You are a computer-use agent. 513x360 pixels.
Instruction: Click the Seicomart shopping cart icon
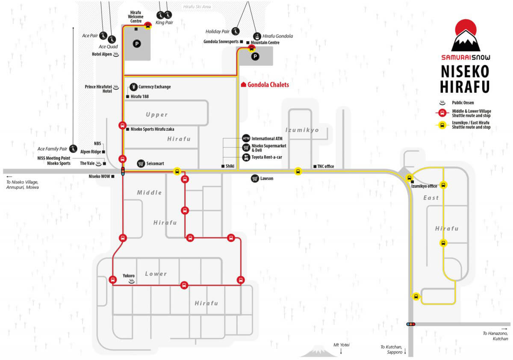click(141, 163)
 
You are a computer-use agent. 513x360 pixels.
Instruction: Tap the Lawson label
click(267, 178)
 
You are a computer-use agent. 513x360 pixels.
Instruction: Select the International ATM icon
click(246, 138)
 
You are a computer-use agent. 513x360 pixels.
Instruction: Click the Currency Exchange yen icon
click(133, 87)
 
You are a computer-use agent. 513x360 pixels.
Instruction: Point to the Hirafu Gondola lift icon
click(257, 36)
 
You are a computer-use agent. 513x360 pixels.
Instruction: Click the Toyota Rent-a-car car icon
click(246, 157)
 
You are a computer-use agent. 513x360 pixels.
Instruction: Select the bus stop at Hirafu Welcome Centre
click(148, 25)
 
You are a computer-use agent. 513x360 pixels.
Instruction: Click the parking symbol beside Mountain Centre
click(255, 56)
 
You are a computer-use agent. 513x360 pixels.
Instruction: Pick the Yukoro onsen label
click(129, 275)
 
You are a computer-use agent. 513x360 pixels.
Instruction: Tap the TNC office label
click(325, 166)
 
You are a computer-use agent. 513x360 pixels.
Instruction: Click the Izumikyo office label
click(424, 186)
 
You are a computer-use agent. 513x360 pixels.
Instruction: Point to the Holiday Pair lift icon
click(236, 31)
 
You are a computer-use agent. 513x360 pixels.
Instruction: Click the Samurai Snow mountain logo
click(466, 35)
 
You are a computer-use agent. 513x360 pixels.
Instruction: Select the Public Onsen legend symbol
click(442, 103)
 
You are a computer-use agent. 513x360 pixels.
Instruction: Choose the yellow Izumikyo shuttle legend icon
click(442, 125)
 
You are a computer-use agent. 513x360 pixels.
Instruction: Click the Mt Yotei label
click(341, 345)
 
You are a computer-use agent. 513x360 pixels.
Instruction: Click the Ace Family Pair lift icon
click(73, 149)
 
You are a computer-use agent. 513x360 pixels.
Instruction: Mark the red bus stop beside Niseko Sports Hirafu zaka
click(123, 125)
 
